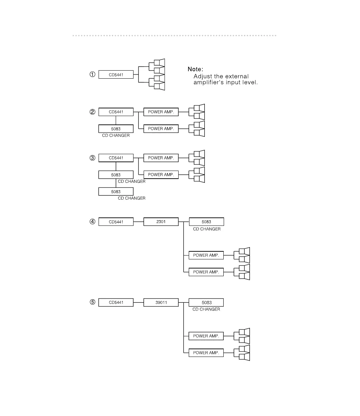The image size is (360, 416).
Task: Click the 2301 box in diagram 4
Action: [161, 222]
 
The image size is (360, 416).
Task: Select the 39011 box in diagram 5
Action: [161, 302]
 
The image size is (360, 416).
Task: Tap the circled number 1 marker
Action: [92, 74]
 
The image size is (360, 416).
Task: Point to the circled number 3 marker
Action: [92, 158]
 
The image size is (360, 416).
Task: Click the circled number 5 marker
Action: [92, 302]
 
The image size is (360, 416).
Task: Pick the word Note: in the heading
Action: [195, 69]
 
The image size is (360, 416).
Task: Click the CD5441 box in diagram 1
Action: [116, 74]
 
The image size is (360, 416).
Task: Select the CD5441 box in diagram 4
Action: [116, 222]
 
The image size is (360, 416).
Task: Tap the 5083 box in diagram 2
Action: [116, 129]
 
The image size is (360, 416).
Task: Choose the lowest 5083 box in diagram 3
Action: [116, 192]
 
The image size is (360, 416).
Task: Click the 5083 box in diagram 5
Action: [206, 302]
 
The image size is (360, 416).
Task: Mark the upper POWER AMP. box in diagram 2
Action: [161, 112]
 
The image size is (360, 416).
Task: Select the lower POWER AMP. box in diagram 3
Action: [161, 174]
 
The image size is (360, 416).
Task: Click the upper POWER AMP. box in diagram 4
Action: [206, 255]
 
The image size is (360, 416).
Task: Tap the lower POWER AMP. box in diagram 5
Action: [206, 353]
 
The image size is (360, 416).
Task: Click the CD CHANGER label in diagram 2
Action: [116, 136]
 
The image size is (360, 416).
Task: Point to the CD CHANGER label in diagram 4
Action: [207, 229]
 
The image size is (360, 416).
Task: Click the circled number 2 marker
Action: [92, 112]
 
